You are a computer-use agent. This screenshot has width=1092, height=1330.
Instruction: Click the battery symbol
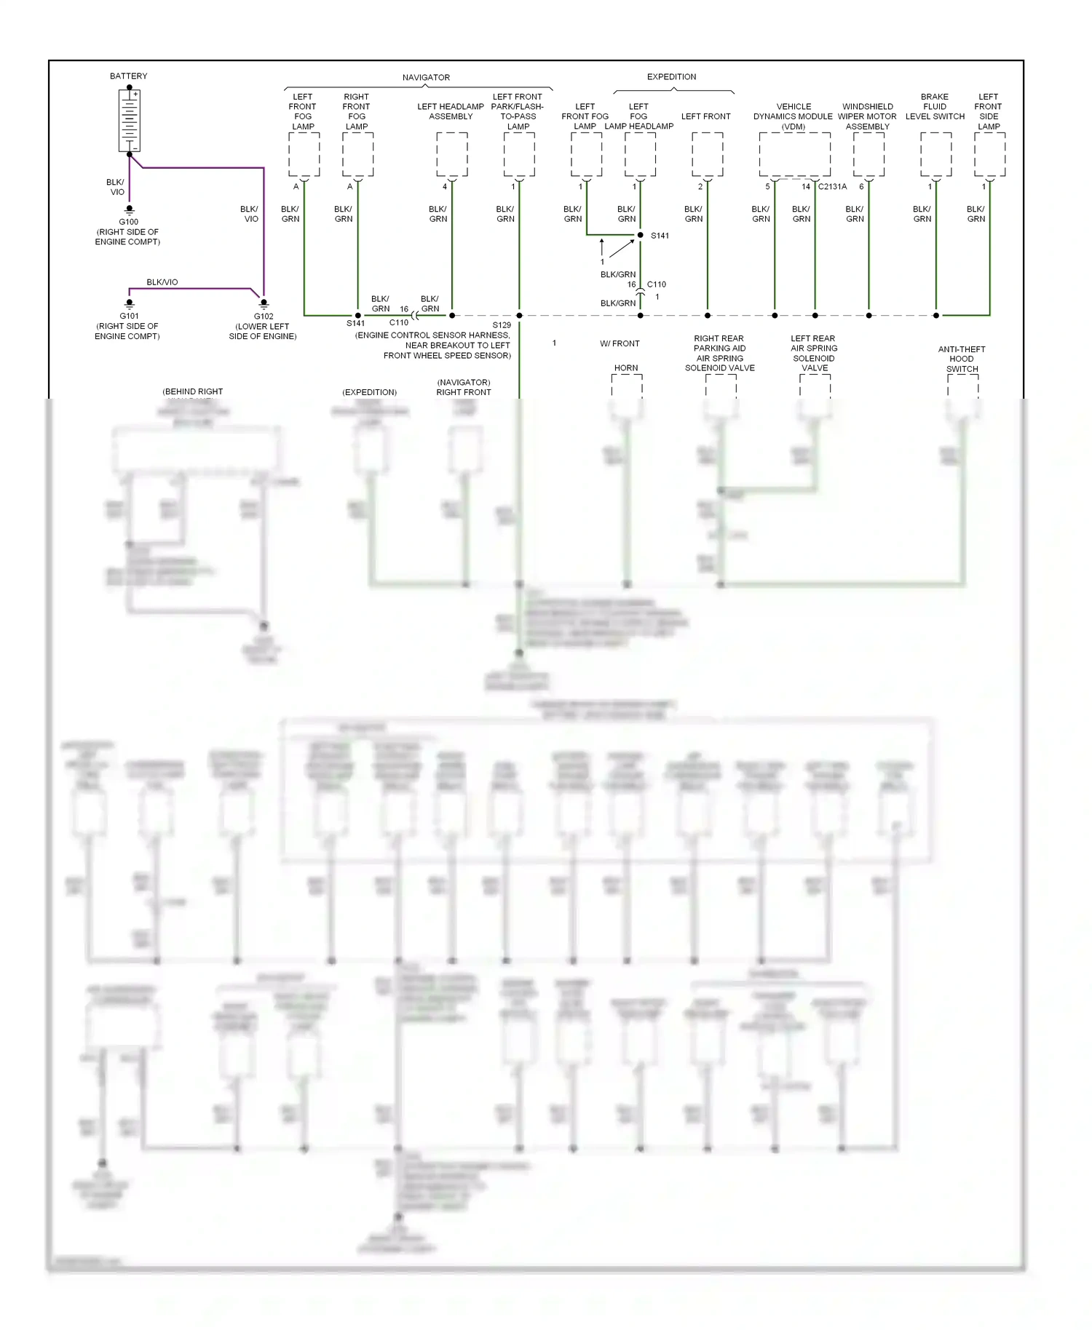click(x=130, y=121)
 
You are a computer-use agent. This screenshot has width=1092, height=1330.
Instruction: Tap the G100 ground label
click(x=129, y=222)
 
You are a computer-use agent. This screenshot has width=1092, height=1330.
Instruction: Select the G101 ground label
click(x=129, y=316)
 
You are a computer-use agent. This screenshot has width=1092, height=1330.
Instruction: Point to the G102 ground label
click(x=264, y=316)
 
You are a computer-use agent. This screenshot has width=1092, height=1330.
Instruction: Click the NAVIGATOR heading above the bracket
click(x=426, y=77)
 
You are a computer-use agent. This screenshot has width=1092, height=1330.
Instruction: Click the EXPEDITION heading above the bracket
click(x=671, y=76)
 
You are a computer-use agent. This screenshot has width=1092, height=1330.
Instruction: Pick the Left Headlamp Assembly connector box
click(x=452, y=154)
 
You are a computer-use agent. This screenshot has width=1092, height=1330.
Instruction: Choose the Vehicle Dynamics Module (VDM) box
click(x=794, y=154)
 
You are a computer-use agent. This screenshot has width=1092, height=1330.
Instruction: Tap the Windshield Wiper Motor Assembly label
click(x=867, y=116)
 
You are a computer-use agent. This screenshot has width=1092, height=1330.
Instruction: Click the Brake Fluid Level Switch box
click(x=935, y=154)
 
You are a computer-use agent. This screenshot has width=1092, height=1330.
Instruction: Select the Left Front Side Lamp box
click(x=989, y=154)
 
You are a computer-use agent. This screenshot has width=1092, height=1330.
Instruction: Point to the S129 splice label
click(x=502, y=325)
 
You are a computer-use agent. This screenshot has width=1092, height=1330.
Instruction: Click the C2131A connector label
click(x=832, y=187)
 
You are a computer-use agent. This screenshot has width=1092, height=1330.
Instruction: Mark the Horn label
click(x=626, y=368)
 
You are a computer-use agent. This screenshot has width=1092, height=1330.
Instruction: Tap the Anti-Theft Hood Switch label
click(x=962, y=359)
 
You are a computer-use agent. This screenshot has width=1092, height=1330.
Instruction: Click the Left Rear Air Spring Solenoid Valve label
click(x=814, y=353)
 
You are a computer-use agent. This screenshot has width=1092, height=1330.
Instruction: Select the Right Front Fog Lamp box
click(x=357, y=154)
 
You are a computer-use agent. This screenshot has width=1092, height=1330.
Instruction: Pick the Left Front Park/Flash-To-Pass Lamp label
click(x=518, y=111)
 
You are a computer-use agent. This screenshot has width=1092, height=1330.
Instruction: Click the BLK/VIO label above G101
click(x=162, y=282)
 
